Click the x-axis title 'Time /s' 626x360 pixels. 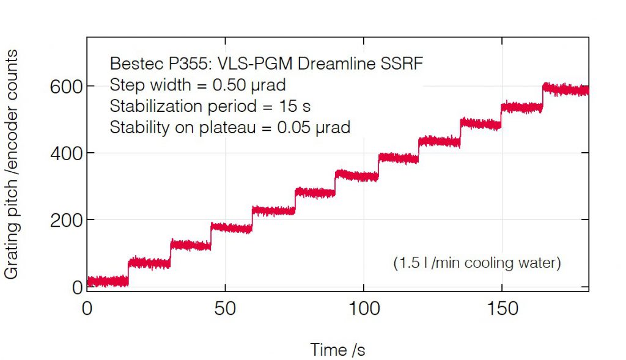click(x=337, y=350)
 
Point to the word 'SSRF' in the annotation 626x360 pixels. click(x=403, y=64)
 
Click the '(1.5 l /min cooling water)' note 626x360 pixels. click(x=476, y=263)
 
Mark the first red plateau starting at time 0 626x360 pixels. click(x=108, y=281)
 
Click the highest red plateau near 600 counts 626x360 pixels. click(x=565, y=90)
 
